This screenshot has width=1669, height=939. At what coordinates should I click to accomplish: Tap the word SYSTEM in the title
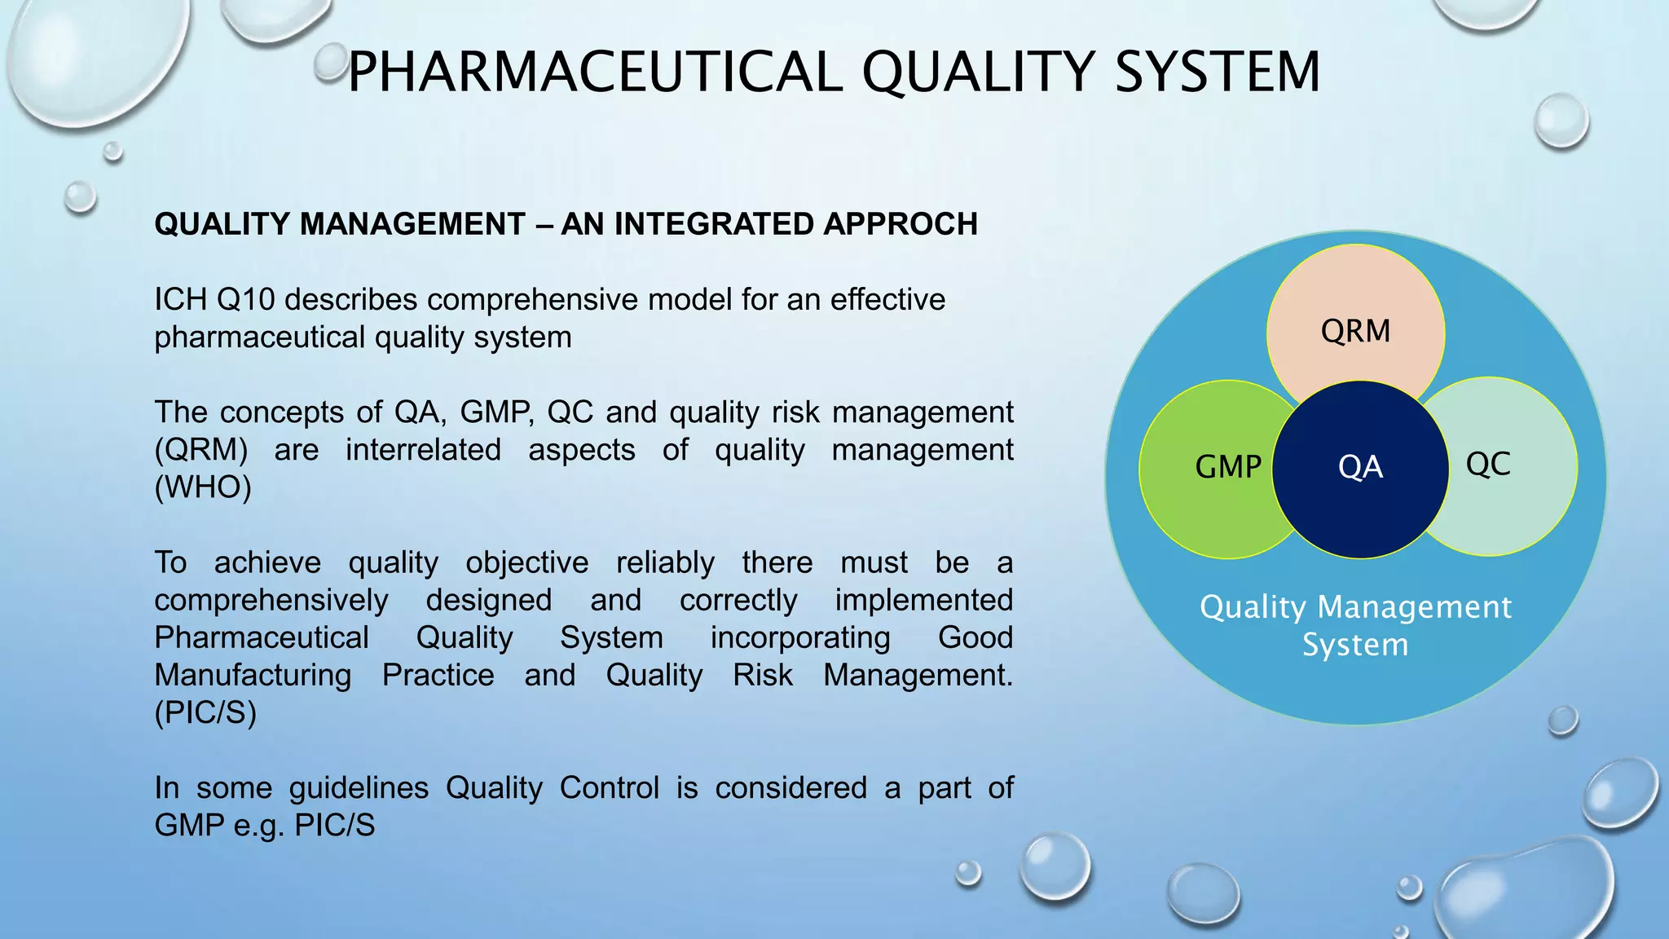click(1218, 72)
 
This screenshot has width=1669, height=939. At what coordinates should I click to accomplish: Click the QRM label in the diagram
click(1355, 331)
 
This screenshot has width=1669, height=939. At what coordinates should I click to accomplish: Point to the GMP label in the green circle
click(1227, 467)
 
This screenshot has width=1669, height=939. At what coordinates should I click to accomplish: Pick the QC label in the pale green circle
click(1488, 464)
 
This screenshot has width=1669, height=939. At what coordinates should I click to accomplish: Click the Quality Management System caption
click(1355, 625)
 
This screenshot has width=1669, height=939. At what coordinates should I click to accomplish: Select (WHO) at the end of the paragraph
click(203, 487)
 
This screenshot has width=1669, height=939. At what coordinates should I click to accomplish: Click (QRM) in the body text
click(201, 450)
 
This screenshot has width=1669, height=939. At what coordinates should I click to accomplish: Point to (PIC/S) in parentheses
click(205, 713)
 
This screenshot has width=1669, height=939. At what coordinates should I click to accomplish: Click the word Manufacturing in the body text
click(253, 676)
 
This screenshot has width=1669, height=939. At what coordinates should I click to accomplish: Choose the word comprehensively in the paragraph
click(271, 601)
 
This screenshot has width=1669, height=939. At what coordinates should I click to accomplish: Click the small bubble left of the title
click(331, 62)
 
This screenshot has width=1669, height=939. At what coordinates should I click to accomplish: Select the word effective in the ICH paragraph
click(887, 300)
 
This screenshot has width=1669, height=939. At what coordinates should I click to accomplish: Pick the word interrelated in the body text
click(423, 450)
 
